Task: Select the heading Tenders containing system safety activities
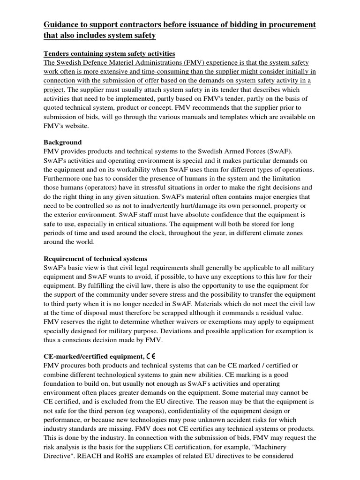point(110,53)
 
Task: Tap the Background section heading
point(62,142)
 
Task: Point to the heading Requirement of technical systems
point(96,258)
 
